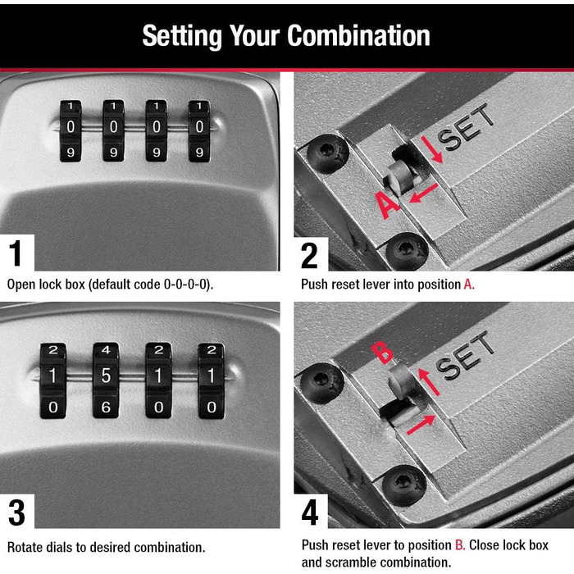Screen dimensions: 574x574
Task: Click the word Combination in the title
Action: click(x=358, y=35)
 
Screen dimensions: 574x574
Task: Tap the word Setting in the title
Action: click(x=182, y=37)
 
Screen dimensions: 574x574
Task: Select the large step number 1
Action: click(x=16, y=253)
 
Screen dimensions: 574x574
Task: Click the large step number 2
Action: click(x=309, y=256)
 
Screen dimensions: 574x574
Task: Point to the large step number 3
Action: click(x=17, y=512)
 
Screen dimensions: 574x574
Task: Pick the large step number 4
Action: click(x=310, y=512)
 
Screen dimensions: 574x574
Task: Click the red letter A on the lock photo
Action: click(x=388, y=205)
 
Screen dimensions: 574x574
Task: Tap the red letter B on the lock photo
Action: click(x=382, y=353)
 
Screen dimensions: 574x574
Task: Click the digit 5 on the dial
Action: click(x=106, y=376)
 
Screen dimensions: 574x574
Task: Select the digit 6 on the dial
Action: click(x=106, y=407)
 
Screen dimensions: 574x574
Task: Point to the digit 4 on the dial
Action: click(x=106, y=350)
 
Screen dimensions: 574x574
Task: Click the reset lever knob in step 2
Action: click(x=401, y=177)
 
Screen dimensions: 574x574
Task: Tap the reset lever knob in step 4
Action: click(x=401, y=380)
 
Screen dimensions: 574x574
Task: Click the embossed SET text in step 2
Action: click(x=466, y=127)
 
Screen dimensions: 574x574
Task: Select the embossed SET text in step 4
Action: click(x=465, y=355)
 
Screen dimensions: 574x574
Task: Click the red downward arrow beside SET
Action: click(x=432, y=149)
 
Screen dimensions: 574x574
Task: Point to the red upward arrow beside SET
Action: click(x=428, y=382)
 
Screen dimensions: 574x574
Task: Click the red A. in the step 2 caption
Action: click(x=469, y=285)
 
